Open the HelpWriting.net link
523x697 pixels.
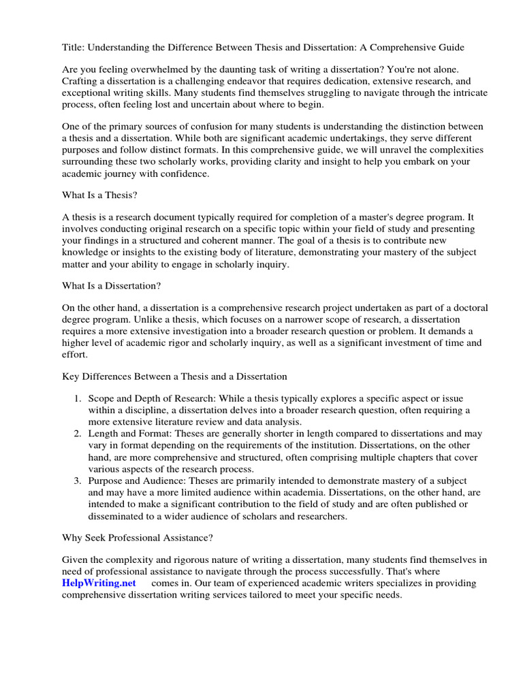coord(99,583)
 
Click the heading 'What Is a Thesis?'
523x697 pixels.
coord(99,195)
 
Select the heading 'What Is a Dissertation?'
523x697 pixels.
coord(112,285)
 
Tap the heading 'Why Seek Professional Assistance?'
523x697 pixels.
coord(138,538)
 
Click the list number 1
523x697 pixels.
coord(78,398)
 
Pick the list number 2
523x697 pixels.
coord(78,433)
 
